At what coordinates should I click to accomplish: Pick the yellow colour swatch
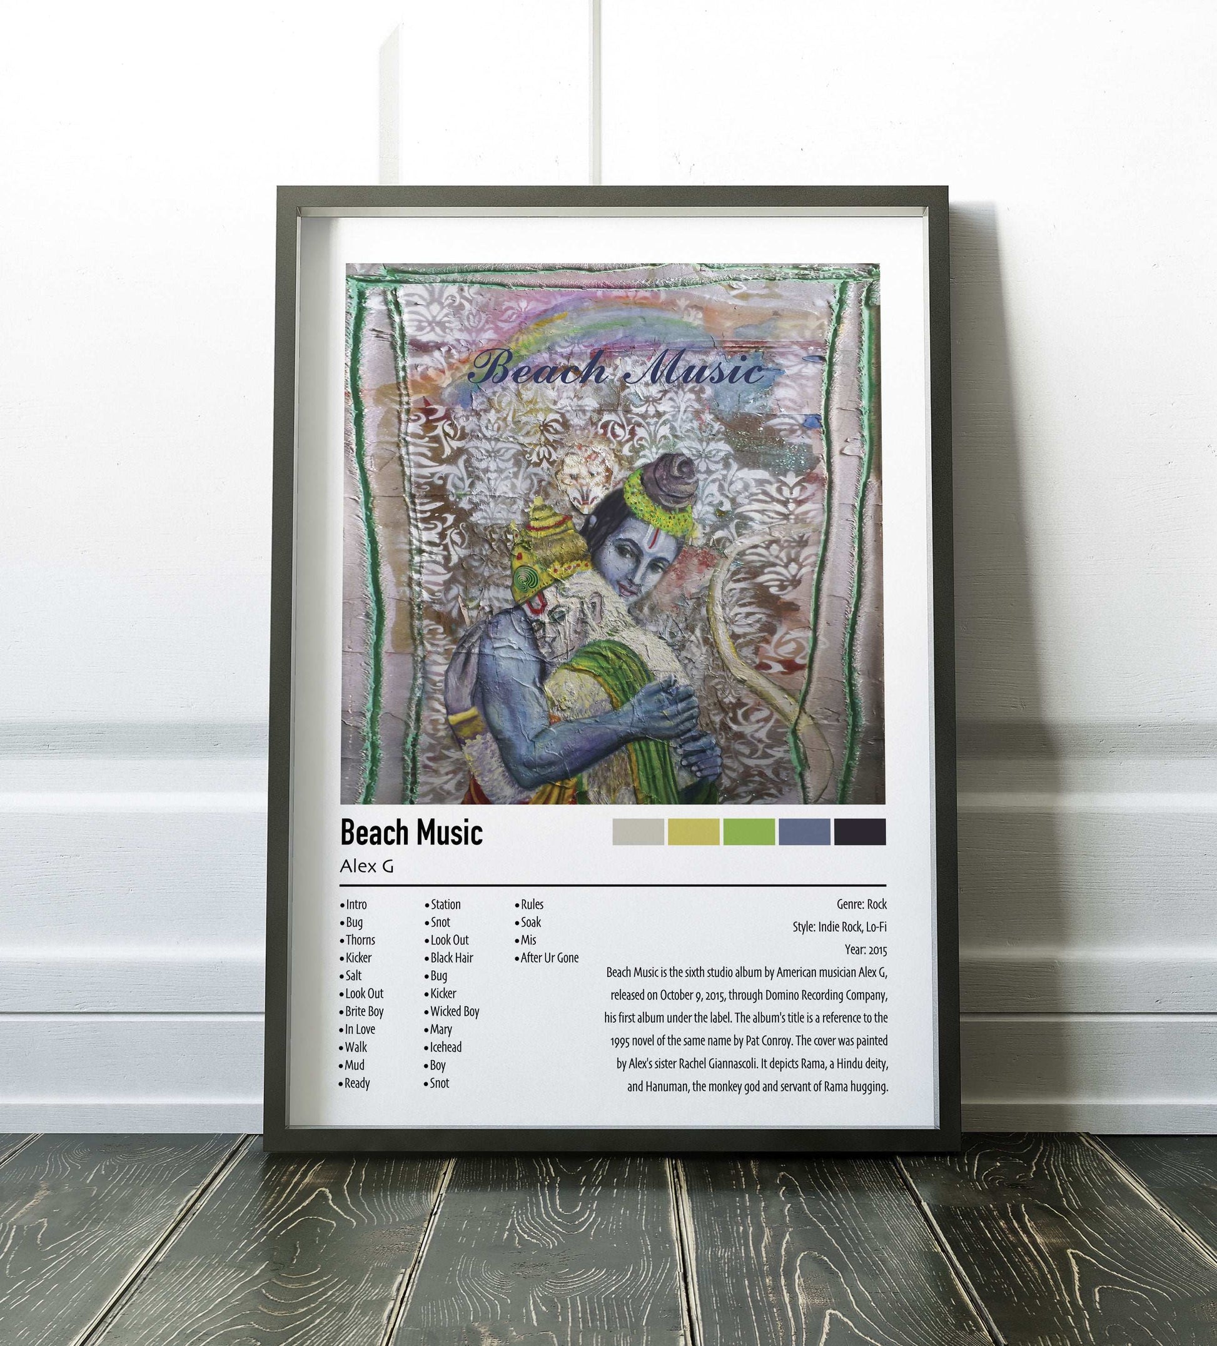point(694,832)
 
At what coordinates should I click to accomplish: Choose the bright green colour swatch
point(749,832)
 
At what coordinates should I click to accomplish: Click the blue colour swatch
point(804,832)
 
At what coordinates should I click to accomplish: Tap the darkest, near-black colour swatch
point(859,832)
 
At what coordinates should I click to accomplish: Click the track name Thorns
point(360,940)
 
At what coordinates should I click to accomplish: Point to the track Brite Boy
point(364,1011)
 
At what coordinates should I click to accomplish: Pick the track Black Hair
point(452,958)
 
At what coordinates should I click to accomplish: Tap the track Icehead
point(445,1048)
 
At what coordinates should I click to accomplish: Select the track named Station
point(445,904)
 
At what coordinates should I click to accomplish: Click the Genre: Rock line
point(861,904)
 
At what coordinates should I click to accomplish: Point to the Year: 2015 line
point(865,949)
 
